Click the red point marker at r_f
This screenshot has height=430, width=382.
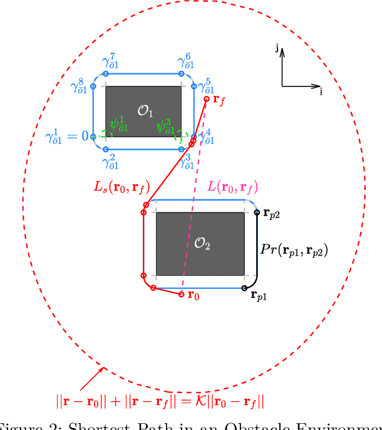pyautogui.click(x=207, y=98)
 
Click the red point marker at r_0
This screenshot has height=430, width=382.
pyautogui.click(x=182, y=294)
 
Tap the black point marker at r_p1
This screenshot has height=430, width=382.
pyautogui.click(x=244, y=288)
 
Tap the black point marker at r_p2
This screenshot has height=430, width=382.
pyautogui.click(x=257, y=213)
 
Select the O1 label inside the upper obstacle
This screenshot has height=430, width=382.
pyautogui.click(x=145, y=112)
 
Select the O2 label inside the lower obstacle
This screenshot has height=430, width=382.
pyautogui.click(x=202, y=244)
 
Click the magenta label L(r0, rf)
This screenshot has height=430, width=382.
pyautogui.click(x=232, y=187)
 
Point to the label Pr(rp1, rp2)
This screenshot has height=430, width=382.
pyautogui.click(x=294, y=249)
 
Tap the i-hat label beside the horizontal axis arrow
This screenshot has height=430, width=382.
pyautogui.click(x=321, y=92)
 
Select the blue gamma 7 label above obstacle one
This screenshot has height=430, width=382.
pyautogui.click(x=110, y=61)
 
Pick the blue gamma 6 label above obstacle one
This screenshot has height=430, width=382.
pyautogui.click(x=185, y=61)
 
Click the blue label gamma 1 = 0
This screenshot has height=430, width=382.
pyautogui.click(x=66, y=135)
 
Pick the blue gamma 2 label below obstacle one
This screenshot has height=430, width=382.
pyautogui.click(x=110, y=162)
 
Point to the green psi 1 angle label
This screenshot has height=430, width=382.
pyautogui.click(x=118, y=123)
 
